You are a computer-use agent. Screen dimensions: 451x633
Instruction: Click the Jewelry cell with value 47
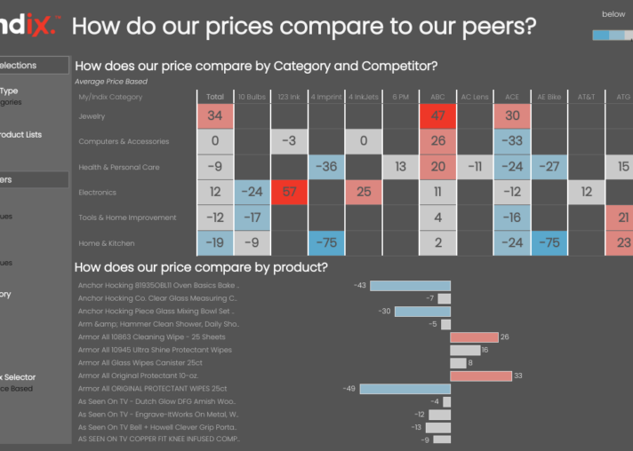[x=437, y=116]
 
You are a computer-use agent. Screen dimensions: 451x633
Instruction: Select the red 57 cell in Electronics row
[x=289, y=192]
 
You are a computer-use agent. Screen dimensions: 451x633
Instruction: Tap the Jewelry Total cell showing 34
[x=215, y=116]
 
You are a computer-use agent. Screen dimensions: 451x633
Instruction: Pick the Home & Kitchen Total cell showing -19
[x=215, y=243]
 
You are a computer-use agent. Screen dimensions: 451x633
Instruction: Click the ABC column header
[x=437, y=97]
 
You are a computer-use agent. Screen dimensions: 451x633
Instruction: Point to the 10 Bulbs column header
[x=252, y=97]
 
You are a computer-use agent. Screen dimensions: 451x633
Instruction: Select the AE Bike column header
[x=549, y=97]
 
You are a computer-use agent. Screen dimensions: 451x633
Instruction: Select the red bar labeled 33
[x=480, y=376]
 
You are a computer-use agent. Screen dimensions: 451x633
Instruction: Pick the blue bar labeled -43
[x=410, y=286]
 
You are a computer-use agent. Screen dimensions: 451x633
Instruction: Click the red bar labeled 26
[x=474, y=337]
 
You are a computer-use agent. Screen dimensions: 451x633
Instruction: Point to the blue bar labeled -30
[x=422, y=312]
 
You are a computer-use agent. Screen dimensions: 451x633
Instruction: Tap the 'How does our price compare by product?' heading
[x=201, y=267]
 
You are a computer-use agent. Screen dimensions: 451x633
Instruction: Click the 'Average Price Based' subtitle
[x=111, y=82]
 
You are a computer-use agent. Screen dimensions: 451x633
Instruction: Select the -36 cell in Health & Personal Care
[x=326, y=167]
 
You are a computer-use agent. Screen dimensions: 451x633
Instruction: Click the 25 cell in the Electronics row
[x=363, y=192]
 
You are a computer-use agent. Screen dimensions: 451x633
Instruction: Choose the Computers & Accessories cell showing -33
[x=511, y=141]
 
